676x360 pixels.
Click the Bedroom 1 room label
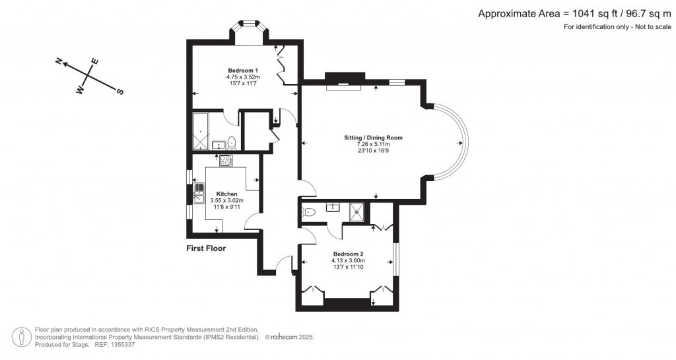coord(243,71)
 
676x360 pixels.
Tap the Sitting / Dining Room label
coord(374,138)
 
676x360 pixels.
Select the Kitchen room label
coord(227,194)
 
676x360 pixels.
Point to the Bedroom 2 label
coord(348,254)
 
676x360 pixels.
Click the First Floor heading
coord(206,248)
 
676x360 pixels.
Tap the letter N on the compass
coord(59,61)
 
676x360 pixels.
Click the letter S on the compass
coord(120,91)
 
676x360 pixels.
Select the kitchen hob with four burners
coord(226,161)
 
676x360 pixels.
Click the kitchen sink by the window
coord(199,193)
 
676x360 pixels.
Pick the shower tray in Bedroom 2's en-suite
coord(357,209)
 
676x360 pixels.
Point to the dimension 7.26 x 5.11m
coord(374,144)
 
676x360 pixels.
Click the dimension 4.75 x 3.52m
coord(243,77)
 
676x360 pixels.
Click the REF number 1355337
coord(123,345)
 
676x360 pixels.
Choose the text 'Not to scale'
coord(652,26)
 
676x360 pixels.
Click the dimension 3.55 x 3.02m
coord(227,201)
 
